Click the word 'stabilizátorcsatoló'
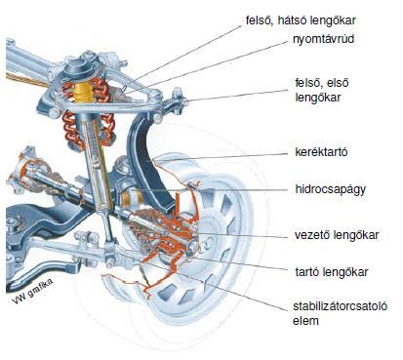(340, 305)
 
